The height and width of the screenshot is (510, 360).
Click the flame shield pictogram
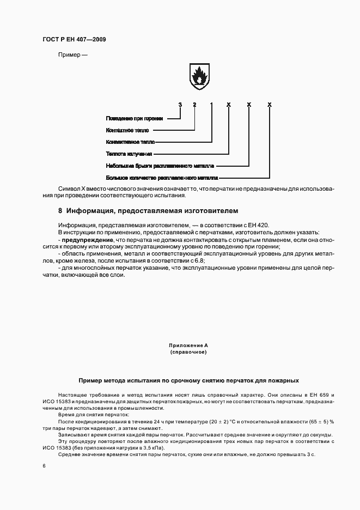(199, 76)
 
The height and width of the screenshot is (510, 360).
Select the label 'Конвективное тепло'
(130, 142)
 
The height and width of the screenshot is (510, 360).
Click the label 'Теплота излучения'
(129, 154)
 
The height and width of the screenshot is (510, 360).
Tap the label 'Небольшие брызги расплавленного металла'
(160, 166)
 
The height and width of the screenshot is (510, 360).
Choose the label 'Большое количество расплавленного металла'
(162, 178)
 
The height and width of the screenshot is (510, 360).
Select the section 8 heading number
(60, 210)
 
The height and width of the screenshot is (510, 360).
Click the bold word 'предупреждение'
(88, 240)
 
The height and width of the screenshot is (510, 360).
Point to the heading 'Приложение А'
(188, 345)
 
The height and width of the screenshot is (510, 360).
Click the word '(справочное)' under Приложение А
(188, 353)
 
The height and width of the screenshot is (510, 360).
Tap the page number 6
(44, 466)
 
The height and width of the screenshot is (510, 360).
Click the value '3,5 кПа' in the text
(152, 447)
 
